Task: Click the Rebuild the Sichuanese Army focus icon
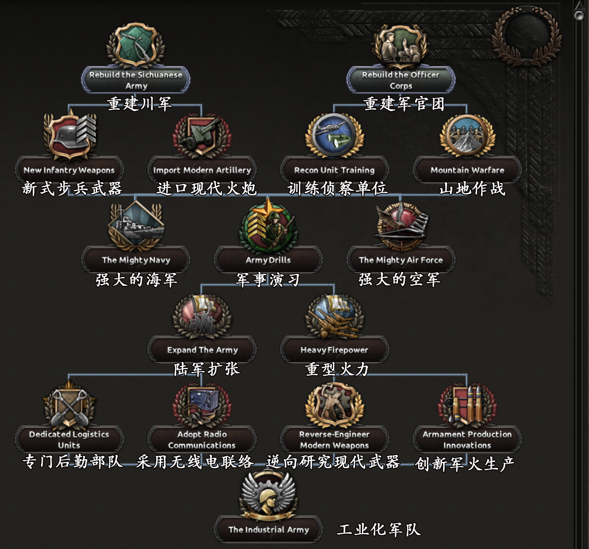(x=136, y=45)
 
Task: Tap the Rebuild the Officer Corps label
(x=401, y=80)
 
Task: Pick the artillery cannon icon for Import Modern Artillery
(x=202, y=136)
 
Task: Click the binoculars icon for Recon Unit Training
(x=334, y=136)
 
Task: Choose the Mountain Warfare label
(x=467, y=170)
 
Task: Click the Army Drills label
(x=268, y=260)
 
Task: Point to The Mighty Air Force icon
(x=401, y=226)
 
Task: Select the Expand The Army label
(x=203, y=350)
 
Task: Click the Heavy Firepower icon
(x=334, y=317)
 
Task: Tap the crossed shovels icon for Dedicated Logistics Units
(x=70, y=406)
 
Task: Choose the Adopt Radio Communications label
(x=202, y=440)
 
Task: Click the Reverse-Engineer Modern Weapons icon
(x=334, y=406)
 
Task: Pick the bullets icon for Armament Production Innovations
(x=467, y=405)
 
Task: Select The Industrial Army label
(x=268, y=530)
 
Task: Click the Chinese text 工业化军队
(x=379, y=530)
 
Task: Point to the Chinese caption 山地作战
(x=472, y=189)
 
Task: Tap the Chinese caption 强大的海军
(x=136, y=280)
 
